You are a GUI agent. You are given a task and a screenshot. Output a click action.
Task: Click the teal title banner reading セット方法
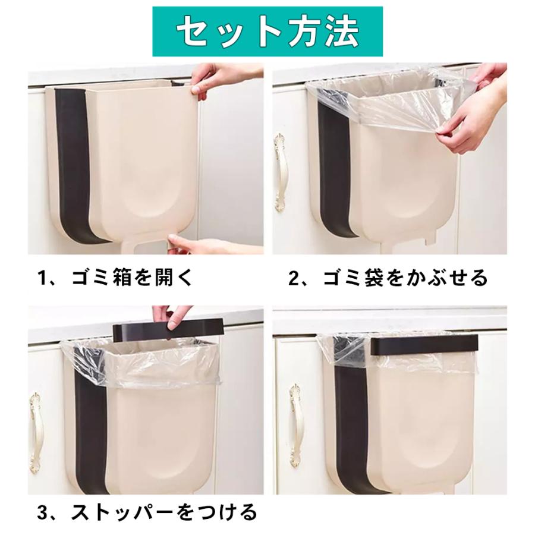(x=267, y=30)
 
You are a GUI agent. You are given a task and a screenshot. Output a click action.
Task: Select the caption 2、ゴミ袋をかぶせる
(x=388, y=278)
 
